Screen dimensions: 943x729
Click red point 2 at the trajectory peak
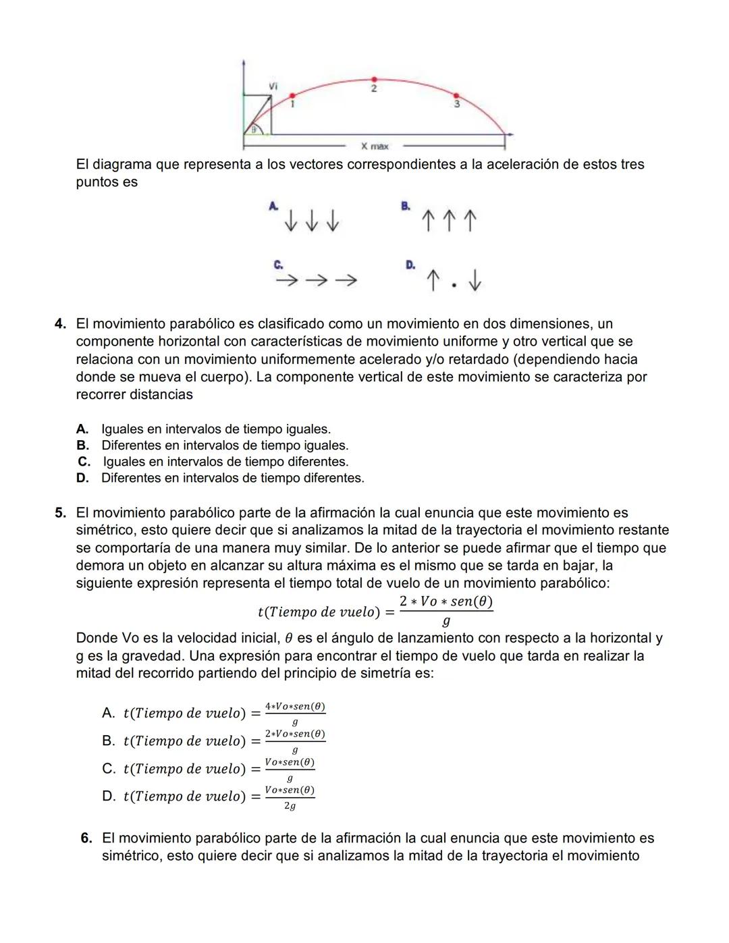373,80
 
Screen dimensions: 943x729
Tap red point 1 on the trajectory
292,96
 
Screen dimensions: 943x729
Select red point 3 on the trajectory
456,96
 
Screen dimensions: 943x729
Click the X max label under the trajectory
375,146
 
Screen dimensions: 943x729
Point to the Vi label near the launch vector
273,86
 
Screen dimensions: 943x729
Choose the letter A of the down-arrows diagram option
273,206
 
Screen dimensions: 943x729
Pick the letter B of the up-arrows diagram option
405,206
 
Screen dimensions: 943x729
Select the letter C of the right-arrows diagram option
277,265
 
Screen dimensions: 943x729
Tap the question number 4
61,324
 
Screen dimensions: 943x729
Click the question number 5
61,513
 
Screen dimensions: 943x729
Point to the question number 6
86,838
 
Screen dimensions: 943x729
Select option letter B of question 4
82,446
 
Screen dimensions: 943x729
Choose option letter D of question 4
82,478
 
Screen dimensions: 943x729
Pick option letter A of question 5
108,713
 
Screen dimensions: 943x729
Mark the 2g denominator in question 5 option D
290,806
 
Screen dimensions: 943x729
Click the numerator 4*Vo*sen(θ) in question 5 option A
295,706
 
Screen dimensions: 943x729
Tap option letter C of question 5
108,768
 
